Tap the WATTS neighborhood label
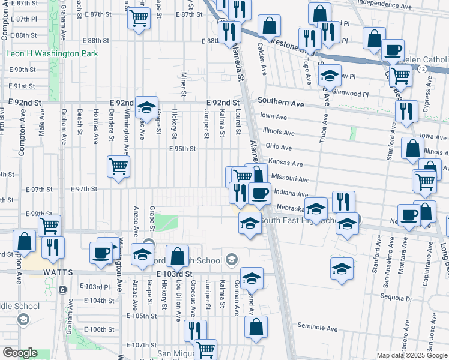coord(58,272)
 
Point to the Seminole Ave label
coord(318,327)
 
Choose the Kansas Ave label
coord(286,163)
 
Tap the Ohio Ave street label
coord(279,147)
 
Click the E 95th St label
coord(182,149)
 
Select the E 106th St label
coord(99,329)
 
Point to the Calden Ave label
coord(262,58)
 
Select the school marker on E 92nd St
coord(146,108)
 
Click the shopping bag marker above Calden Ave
coord(270,26)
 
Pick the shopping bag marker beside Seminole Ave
coord(256,327)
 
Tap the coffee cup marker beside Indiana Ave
coord(259,193)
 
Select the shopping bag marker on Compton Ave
coord(25,242)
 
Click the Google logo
coord(19,353)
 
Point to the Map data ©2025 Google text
coord(411,355)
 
